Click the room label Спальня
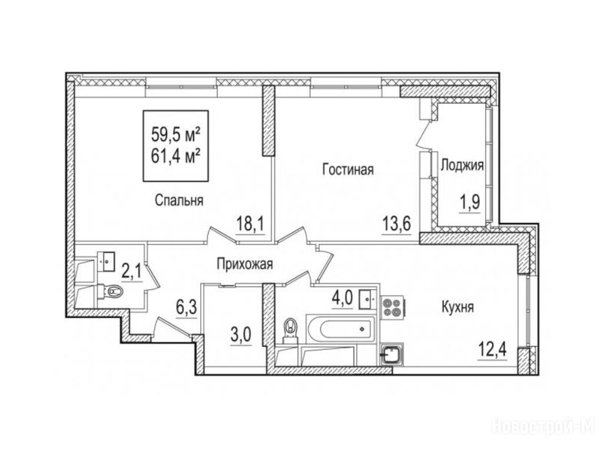coord(179,201)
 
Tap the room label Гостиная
coord(348,169)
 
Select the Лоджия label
coord(462,166)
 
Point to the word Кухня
coord(458,307)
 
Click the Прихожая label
coord(245,264)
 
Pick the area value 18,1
coord(250,224)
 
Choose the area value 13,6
coord(396,223)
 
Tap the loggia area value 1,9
coord(470,202)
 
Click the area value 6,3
coord(187,308)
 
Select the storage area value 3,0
coord(241,335)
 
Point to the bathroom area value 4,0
coord(342,298)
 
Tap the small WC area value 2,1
coord(132,272)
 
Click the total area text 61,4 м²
coord(175,156)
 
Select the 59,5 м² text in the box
coord(175,134)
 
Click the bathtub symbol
coord(340,329)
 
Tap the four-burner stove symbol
coord(392,307)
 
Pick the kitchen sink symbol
coord(392,354)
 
